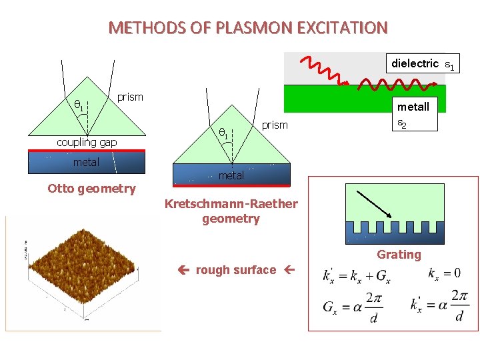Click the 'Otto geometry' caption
click(x=91, y=189)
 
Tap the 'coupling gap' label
click(x=87, y=142)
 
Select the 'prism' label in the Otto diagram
click(x=130, y=97)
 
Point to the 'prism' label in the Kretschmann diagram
click(x=274, y=125)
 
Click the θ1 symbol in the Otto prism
click(x=78, y=105)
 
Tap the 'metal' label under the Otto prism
click(x=86, y=162)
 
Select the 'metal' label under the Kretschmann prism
click(x=231, y=176)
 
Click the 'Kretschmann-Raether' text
click(x=231, y=204)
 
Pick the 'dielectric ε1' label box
click(x=423, y=64)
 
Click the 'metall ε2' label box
click(x=413, y=114)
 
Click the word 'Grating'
click(x=399, y=255)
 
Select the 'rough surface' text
click(x=235, y=270)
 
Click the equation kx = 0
click(x=444, y=274)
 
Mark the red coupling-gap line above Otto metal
click(x=86, y=151)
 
